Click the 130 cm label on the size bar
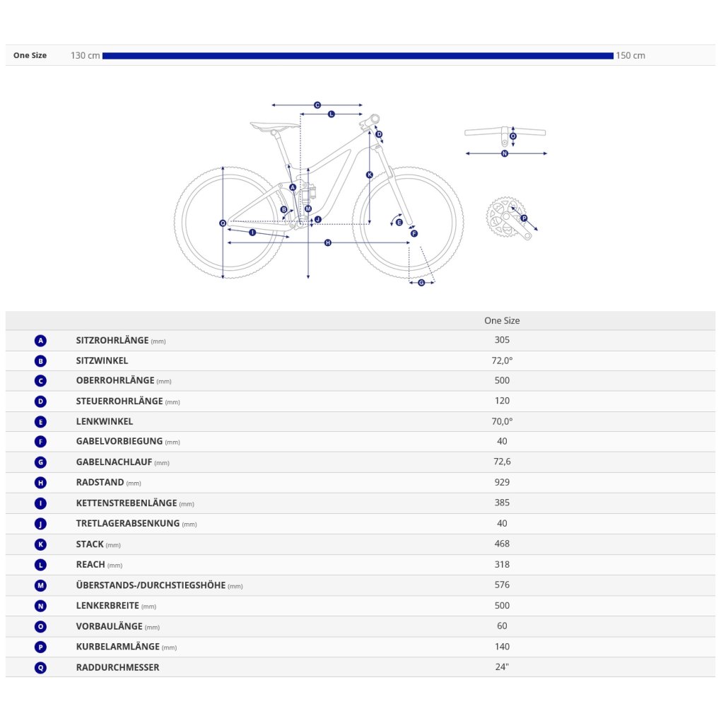[85, 56]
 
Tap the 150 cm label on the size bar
[631, 56]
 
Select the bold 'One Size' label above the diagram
[30, 55]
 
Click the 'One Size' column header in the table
[502, 320]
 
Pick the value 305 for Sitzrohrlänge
[502, 340]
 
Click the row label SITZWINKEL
[102, 360]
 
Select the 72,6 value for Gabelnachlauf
[502, 461]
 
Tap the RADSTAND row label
[100, 482]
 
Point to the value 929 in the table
[502, 482]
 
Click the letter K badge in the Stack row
[40, 544]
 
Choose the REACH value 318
[502, 564]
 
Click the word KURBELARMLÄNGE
[118, 647]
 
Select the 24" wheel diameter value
[502, 667]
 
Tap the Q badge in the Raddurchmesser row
[40, 668]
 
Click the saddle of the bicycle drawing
[274, 126]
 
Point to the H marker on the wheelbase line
[328, 242]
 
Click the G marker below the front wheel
[421, 283]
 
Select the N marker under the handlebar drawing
[505, 153]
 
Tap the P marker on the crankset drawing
[524, 218]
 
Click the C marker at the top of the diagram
[317, 105]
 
